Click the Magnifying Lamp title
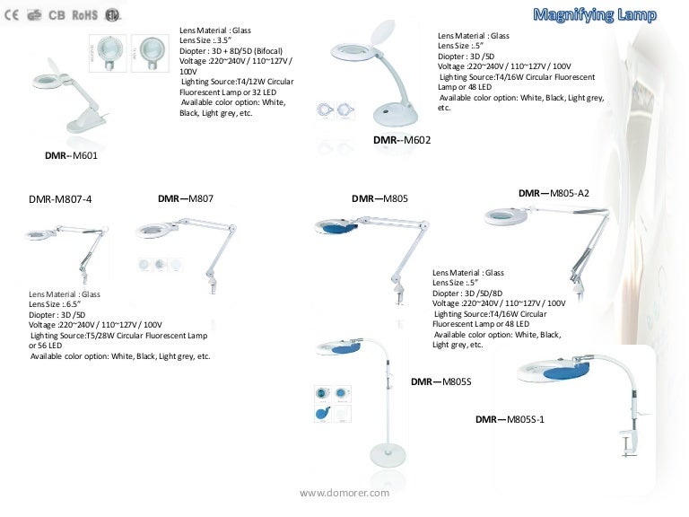(595, 14)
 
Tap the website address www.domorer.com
(344, 493)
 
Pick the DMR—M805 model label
(379, 198)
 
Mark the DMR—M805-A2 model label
(554, 193)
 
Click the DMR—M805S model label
(440, 382)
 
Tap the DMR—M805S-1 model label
(510, 419)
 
